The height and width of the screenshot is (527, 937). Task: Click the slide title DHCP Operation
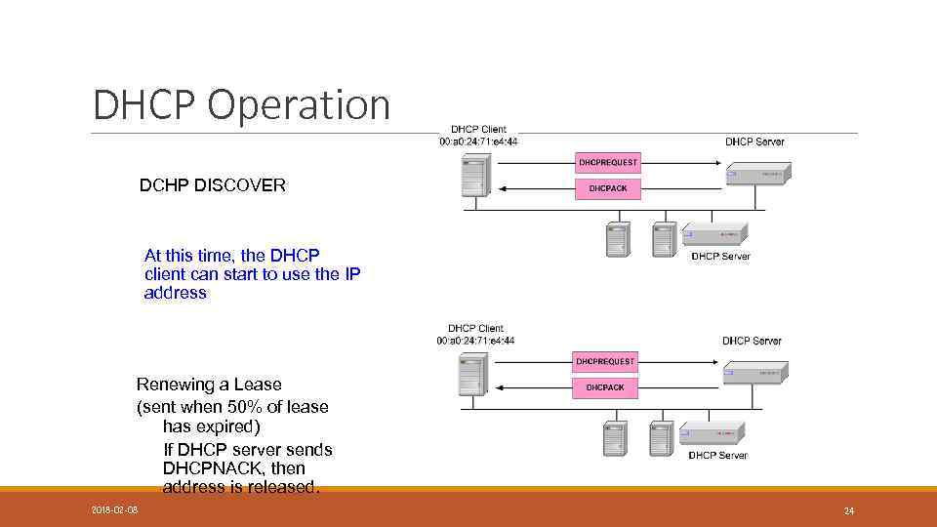pyautogui.click(x=241, y=105)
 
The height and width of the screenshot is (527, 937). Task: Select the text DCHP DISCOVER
pyautogui.click(x=213, y=185)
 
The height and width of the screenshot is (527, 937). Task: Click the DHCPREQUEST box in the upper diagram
pyautogui.click(x=608, y=162)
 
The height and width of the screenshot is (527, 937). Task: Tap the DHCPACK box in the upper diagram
pyautogui.click(x=608, y=188)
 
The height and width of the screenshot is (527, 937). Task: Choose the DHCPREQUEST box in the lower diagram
pyautogui.click(x=605, y=362)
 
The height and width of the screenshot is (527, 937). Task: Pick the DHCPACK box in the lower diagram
pyautogui.click(x=605, y=387)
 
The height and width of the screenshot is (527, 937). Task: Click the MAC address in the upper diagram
pyautogui.click(x=478, y=142)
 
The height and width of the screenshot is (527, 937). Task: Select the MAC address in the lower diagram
pyautogui.click(x=475, y=341)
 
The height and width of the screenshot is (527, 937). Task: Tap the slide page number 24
pyautogui.click(x=848, y=510)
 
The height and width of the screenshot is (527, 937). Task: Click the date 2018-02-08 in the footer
pyautogui.click(x=114, y=510)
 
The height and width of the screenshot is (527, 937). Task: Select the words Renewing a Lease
pyautogui.click(x=209, y=385)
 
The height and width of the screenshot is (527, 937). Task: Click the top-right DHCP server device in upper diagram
pyautogui.click(x=758, y=173)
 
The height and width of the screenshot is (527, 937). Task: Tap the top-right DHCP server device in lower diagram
pyautogui.click(x=755, y=372)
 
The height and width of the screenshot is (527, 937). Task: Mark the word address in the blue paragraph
pyautogui.click(x=176, y=293)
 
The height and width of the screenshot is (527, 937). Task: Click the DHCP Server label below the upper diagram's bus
pyautogui.click(x=720, y=257)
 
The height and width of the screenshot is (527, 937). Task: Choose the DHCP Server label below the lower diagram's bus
pyautogui.click(x=717, y=456)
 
